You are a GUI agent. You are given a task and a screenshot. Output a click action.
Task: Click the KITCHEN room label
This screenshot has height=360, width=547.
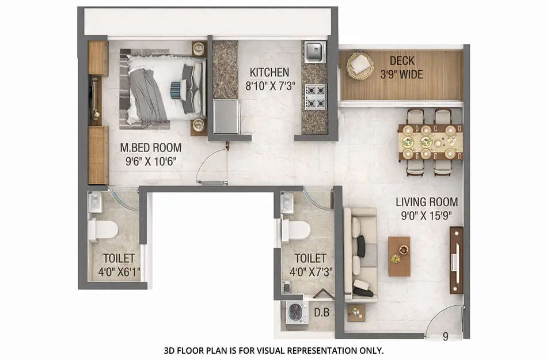[269, 73]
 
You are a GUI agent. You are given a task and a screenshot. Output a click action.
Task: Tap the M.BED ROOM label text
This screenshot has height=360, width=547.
[151, 147]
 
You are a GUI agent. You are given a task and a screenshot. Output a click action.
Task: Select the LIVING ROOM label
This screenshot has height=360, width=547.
[427, 202]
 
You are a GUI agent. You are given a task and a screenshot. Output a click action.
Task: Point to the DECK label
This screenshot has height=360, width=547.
[402, 60]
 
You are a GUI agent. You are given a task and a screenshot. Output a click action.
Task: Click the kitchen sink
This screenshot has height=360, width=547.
[315, 52]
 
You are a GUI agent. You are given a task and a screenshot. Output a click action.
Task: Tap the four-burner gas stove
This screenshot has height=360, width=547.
[315, 96]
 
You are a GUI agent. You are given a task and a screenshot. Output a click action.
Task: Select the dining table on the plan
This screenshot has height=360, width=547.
[430, 142]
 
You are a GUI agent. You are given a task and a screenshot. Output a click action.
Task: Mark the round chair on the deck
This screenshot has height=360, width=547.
[360, 65]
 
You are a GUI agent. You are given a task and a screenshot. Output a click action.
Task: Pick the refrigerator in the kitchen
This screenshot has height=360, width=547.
[226, 117]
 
